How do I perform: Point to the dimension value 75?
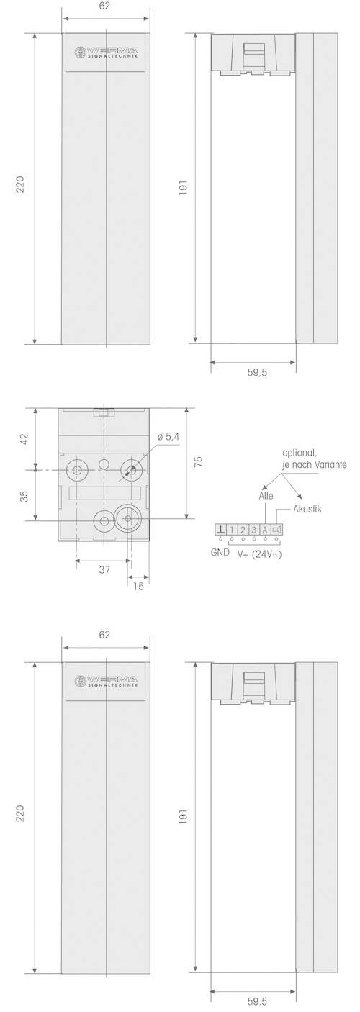click(x=199, y=461)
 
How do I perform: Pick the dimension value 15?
click(x=138, y=586)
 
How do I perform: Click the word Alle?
click(x=266, y=495)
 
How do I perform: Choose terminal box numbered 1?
click(x=232, y=530)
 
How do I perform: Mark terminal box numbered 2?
click(x=243, y=530)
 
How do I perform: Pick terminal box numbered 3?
click(x=254, y=530)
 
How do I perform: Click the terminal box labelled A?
click(x=265, y=530)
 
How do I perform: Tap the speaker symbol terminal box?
click(x=276, y=530)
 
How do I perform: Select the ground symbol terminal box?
click(x=220, y=530)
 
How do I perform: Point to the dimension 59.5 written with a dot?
click(x=252, y=1001)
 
